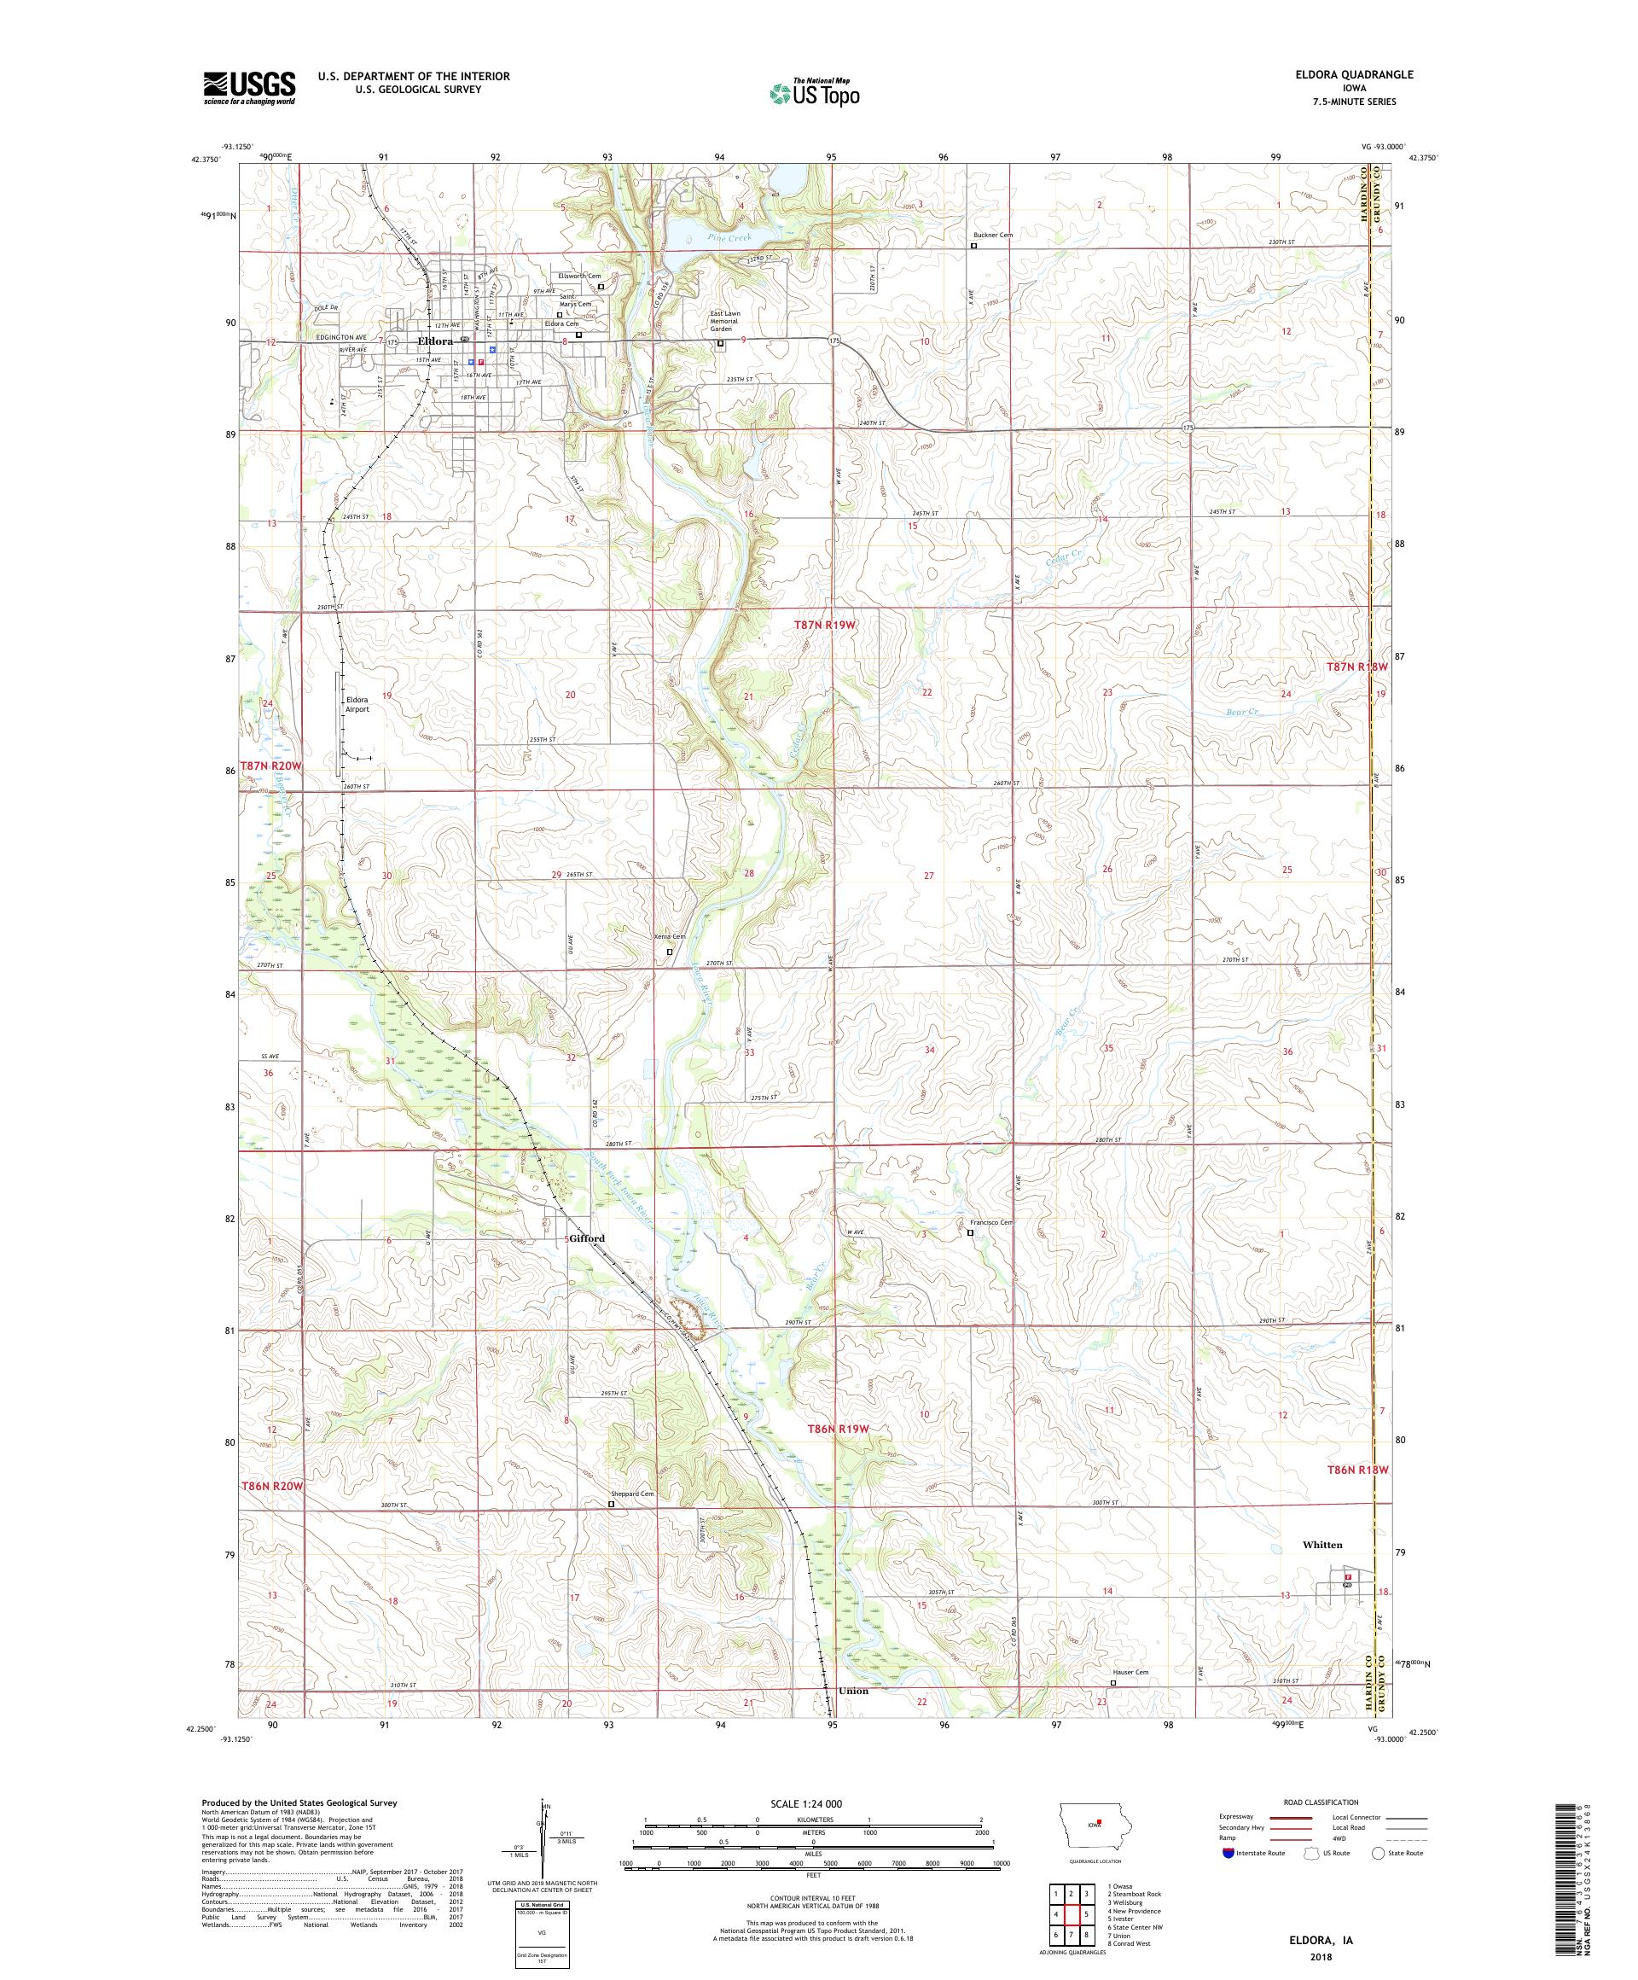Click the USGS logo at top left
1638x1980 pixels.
pyautogui.click(x=249, y=89)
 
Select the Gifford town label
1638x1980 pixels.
pyautogui.click(x=586, y=1238)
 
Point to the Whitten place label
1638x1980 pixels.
pyautogui.click(x=1321, y=1545)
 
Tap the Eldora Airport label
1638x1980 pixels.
pyautogui.click(x=357, y=704)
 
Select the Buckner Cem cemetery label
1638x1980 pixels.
pyautogui.click(x=992, y=235)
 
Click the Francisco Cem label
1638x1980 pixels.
pyautogui.click(x=991, y=1223)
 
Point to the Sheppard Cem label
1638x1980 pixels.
pyautogui.click(x=632, y=1494)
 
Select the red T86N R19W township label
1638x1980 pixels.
pyautogui.click(x=837, y=1430)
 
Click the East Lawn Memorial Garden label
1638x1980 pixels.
pyautogui.click(x=729, y=323)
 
